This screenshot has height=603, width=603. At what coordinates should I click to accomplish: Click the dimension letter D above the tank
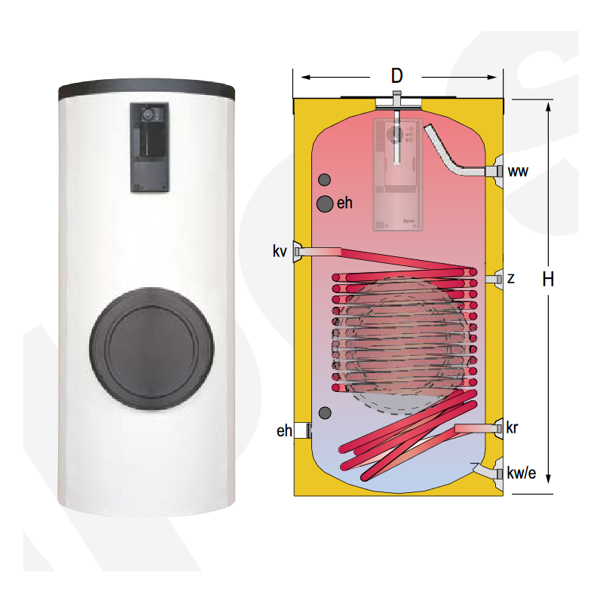click(397, 75)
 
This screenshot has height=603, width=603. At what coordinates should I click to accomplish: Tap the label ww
click(518, 172)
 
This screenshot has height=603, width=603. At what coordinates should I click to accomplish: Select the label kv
click(280, 250)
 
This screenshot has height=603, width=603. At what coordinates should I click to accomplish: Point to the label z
click(511, 279)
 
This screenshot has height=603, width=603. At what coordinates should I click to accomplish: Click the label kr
click(513, 428)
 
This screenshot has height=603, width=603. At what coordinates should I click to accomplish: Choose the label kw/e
click(522, 473)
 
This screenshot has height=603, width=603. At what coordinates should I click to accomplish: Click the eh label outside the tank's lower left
click(284, 430)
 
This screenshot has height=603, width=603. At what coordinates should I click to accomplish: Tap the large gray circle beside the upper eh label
click(325, 203)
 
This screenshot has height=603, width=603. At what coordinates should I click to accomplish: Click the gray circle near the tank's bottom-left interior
click(325, 412)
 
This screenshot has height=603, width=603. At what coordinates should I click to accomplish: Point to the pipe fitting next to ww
click(498, 172)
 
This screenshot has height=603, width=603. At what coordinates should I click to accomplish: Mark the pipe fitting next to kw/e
click(499, 473)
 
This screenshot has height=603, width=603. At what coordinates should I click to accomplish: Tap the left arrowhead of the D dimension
click(304, 76)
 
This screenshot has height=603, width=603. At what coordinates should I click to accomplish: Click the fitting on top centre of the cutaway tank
click(396, 99)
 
